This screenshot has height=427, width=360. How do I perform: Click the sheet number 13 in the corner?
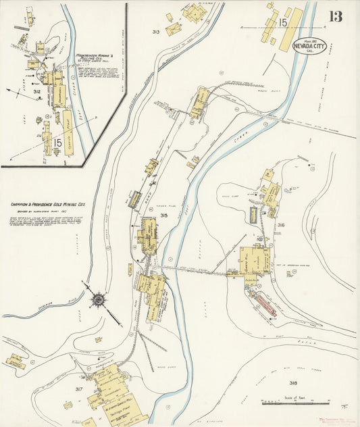point(336,16)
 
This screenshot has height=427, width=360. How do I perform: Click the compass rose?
point(98,298)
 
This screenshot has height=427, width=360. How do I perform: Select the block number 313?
point(156,32)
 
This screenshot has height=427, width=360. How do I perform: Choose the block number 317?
point(79,389)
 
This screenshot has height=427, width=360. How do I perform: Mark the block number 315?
point(164,216)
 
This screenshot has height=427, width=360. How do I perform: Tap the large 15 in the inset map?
point(57,143)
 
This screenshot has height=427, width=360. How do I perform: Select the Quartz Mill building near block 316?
point(253,260)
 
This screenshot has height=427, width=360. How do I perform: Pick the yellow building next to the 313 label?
point(174,29)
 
